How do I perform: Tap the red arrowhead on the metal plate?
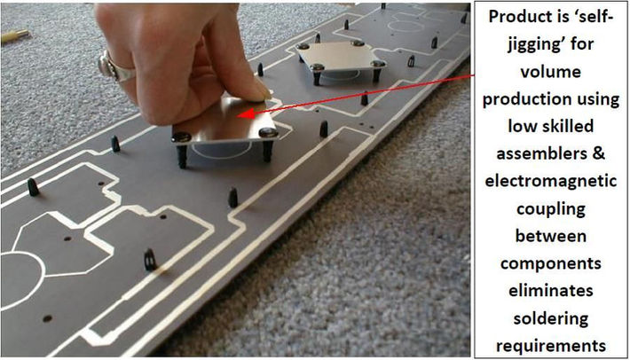pos(246,113)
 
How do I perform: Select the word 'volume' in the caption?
pos(550,72)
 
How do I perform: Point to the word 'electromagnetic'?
pos(550,181)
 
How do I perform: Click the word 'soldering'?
pos(550,318)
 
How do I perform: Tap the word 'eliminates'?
pos(550,291)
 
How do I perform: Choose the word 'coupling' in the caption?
pos(550,209)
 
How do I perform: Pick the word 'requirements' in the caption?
pos(550,346)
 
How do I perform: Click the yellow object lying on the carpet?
pos(15,36)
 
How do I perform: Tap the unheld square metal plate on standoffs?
pos(342,56)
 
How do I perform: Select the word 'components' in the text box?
pos(550,264)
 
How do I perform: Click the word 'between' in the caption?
pos(550,236)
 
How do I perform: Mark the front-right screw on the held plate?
pos(267,132)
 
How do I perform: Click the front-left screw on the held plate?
pos(181,137)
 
